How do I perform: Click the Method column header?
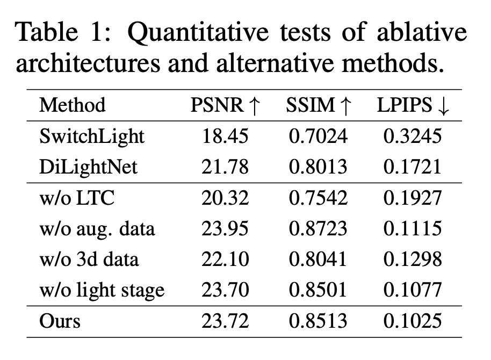pyautogui.click(x=72, y=105)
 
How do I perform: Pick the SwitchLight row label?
pyautogui.click(x=92, y=136)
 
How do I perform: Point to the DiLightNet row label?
pyautogui.click(x=88, y=167)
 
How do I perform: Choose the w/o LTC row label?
pyautogui.click(x=77, y=198)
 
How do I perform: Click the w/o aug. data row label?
pyautogui.click(x=97, y=229)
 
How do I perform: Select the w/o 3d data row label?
pyautogui.click(x=89, y=260)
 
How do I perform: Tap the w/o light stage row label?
pyautogui.click(x=102, y=291)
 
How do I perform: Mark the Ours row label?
pyautogui.click(x=60, y=321)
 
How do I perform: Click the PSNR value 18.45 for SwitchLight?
pyautogui.click(x=225, y=136)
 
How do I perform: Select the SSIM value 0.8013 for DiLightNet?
pyautogui.click(x=319, y=167)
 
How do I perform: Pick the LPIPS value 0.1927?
pyautogui.click(x=413, y=198)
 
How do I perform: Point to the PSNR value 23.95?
pyautogui.click(x=225, y=229)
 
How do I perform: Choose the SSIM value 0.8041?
pyautogui.click(x=319, y=260)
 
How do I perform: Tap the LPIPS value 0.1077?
pyautogui.click(x=413, y=291)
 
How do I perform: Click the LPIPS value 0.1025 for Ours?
pyautogui.click(x=413, y=321)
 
